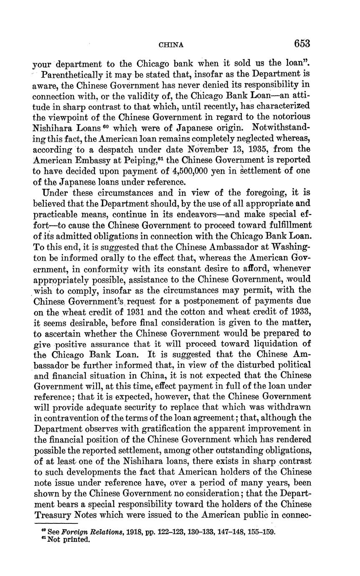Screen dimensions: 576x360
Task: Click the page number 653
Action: (302, 44)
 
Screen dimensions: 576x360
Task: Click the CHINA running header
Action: (172, 45)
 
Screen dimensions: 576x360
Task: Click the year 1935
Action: (255, 149)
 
